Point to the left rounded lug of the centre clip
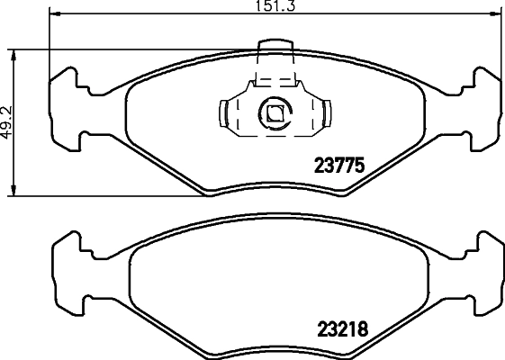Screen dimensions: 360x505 click(225, 113)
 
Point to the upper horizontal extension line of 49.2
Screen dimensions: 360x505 click(135, 49)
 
